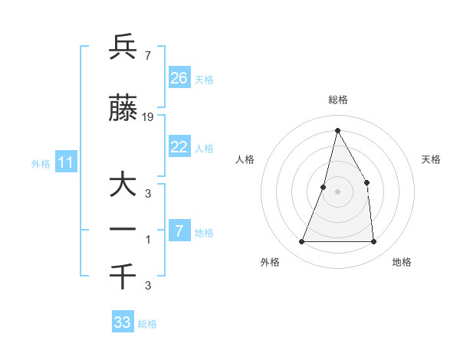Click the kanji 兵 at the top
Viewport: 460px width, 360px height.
pos(123,47)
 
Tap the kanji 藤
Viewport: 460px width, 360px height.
pos(123,109)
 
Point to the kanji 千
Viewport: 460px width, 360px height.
pos(123,276)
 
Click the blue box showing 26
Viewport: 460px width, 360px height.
pos(179,78)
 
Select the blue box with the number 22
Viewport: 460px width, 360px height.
pos(179,147)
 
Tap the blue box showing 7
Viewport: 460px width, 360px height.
pos(179,231)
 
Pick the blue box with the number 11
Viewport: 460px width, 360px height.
pos(66,162)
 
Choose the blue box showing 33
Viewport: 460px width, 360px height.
pos(123,322)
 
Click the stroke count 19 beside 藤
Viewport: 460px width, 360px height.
pos(148,117)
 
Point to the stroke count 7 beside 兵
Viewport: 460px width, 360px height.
pos(147,55)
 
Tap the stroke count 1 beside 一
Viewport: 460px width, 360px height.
pos(147,240)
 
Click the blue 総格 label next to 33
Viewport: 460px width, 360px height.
pos(148,324)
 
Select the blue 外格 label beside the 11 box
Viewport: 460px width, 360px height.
pos(41,163)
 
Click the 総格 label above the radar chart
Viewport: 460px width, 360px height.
pos(337,100)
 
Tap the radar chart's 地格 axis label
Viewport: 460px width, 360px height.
pos(402,262)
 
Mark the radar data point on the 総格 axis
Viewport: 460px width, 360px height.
pos(337,129)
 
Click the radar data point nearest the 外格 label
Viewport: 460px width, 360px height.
pos(301,242)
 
